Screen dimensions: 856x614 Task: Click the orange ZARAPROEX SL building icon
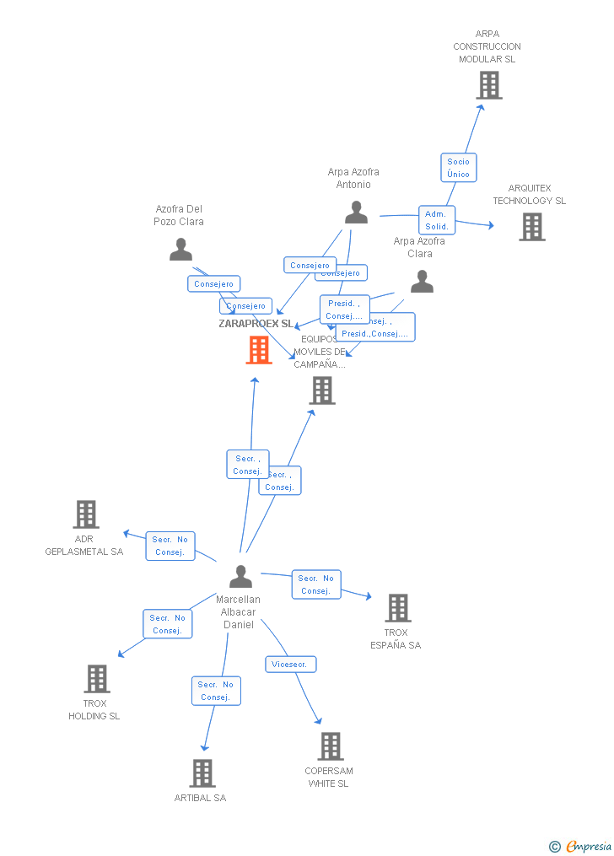[x=259, y=350]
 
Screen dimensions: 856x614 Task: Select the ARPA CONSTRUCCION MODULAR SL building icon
[x=488, y=85]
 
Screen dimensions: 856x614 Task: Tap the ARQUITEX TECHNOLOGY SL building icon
[x=531, y=227]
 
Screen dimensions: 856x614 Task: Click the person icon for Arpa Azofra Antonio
[x=356, y=213]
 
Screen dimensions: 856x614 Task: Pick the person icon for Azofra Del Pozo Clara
[x=180, y=250]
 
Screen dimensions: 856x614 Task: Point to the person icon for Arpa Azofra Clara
[x=422, y=282]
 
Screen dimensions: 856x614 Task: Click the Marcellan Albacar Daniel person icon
[x=240, y=577]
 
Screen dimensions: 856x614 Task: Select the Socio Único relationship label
[x=458, y=168]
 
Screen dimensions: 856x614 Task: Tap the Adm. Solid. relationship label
[x=437, y=220]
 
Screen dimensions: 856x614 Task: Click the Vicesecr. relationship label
[x=291, y=665]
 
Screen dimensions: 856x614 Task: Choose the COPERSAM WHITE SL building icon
[x=330, y=746]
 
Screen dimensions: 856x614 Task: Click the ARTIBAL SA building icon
[x=202, y=773]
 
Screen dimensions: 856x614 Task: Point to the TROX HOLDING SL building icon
[x=97, y=679]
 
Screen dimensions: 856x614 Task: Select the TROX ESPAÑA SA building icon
[x=397, y=608]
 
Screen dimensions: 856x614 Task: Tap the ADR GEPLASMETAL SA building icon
[x=85, y=514]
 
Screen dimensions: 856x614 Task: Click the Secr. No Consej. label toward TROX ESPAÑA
[x=316, y=584]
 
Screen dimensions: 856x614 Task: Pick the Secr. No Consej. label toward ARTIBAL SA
[x=216, y=691]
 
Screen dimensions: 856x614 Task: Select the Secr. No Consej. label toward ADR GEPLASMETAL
[x=170, y=546]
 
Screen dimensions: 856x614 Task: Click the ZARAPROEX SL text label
[x=256, y=324]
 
